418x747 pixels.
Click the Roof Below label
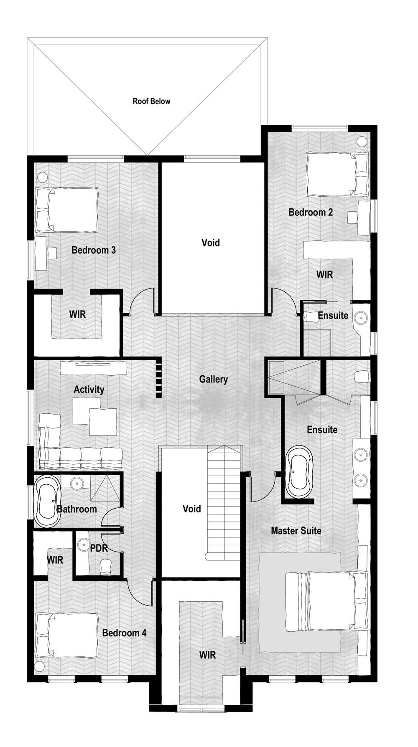tap(151, 101)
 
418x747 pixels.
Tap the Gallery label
tap(213, 379)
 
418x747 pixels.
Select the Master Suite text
tap(296, 531)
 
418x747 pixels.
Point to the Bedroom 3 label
tap(94, 250)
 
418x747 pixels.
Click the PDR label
tap(99, 548)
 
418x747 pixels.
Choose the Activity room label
tap(89, 390)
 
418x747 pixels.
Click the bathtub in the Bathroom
tap(47, 501)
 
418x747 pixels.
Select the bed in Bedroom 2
tap(338, 174)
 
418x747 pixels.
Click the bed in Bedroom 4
tap(66, 635)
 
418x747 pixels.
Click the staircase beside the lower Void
tap(225, 504)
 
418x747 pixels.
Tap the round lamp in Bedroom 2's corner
tap(362, 141)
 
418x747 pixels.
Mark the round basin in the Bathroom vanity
tap(77, 484)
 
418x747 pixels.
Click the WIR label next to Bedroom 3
tap(77, 314)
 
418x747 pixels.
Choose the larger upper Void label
tap(211, 243)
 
